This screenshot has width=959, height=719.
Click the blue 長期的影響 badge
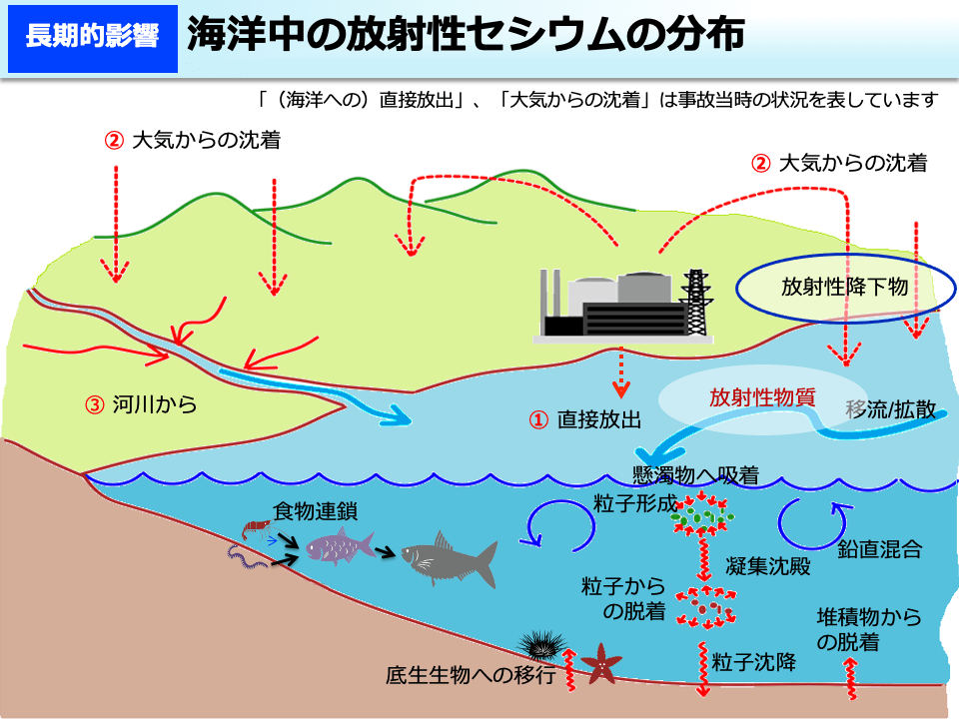92,39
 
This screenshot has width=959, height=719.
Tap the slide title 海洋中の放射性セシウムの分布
466,34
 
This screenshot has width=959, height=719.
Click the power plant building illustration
613,304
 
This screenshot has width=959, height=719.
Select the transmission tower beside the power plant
696,303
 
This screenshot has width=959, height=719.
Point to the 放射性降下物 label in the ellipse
845,287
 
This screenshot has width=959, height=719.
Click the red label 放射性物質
762,397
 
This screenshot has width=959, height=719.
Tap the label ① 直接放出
585,420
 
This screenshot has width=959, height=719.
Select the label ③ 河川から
141,404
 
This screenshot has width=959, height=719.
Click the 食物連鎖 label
315,511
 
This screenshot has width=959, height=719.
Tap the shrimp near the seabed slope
258,529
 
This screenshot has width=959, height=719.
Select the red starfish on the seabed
601,664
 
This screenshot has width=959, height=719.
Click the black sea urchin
541,644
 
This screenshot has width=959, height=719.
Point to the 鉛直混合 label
879,549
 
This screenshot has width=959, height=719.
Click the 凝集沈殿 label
768,566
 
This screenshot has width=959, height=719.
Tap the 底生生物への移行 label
471,675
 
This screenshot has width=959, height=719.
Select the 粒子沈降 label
754,661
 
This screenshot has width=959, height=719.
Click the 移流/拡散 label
891,409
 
